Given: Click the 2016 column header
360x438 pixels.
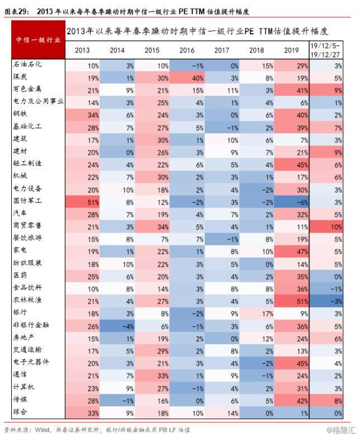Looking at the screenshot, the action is pos(187,50).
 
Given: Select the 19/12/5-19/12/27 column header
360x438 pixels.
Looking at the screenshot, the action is pos(325,50).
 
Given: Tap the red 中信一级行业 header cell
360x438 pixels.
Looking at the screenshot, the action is pos(38,40).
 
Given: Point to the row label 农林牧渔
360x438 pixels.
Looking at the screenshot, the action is pos(27,300).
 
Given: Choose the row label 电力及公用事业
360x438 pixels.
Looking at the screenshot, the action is pos(38,101).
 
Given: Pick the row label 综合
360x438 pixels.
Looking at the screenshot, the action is pos(20,411).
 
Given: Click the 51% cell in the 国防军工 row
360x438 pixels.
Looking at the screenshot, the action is pos(83,202).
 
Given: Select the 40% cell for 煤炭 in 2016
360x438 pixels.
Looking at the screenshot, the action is pos(187,78).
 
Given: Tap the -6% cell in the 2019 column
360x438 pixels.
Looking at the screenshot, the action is pos(292,202).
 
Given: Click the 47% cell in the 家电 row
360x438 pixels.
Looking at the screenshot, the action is pos(292,251).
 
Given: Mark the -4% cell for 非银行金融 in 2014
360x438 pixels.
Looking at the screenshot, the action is pos(117,326).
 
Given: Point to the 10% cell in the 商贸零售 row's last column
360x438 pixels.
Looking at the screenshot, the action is pos(326,227).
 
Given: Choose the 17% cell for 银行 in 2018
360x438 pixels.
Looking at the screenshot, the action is pos(257,314).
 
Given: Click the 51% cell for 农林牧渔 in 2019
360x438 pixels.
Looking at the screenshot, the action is pos(292,301).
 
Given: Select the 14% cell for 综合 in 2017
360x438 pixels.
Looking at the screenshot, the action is pos(222,413).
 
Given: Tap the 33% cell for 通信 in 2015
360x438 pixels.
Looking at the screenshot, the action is pos(152,376).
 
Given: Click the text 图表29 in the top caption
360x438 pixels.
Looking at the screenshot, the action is pos(16,11).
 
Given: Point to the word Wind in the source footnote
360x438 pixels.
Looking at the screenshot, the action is pos(42,430).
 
